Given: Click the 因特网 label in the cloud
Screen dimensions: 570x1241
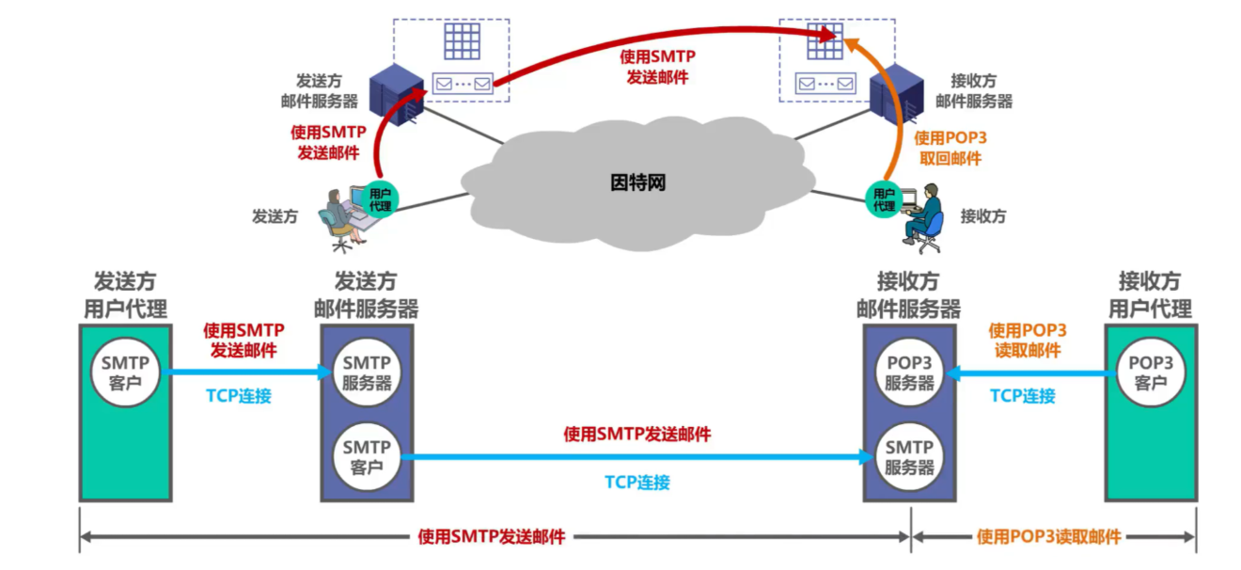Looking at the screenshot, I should point(637,182).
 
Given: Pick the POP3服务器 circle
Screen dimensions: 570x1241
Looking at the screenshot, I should point(909,373).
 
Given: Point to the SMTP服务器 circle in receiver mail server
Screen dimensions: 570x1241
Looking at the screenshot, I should point(909,457).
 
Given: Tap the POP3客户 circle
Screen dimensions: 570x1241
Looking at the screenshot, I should point(1150,373).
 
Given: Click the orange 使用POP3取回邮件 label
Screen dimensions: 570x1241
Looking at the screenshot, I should point(950,148).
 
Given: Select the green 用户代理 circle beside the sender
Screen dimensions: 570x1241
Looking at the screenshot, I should point(380,198).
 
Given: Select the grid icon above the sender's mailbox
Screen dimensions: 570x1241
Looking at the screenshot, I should point(463,40).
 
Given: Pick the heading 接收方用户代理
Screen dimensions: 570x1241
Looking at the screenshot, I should point(1150,294).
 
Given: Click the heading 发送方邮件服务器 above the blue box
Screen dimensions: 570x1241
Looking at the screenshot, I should point(366,294).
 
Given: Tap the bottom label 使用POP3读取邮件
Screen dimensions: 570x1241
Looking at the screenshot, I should point(1049,537).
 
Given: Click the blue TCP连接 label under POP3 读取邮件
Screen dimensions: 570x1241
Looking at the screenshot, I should point(1023,396).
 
